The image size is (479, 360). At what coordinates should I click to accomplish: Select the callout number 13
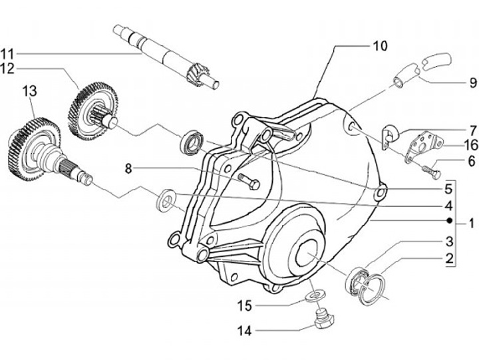click(x=30, y=91)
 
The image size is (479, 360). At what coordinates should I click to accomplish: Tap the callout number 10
click(x=380, y=46)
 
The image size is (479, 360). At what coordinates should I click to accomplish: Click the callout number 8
click(x=128, y=168)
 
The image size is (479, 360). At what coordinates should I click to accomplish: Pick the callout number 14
click(x=244, y=330)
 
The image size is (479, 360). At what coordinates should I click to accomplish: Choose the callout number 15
click(x=244, y=305)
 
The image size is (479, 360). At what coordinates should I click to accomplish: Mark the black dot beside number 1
click(x=449, y=220)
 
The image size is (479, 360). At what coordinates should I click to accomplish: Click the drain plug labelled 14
click(x=324, y=318)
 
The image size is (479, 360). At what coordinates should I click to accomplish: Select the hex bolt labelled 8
click(x=249, y=181)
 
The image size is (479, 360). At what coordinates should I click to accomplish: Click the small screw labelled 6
click(x=431, y=172)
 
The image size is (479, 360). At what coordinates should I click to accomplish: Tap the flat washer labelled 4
click(x=166, y=200)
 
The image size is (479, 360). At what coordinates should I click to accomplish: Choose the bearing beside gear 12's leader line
click(x=192, y=141)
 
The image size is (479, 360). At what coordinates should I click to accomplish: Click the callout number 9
click(x=472, y=83)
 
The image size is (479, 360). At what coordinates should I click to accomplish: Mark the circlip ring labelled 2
click(x=371, y=289)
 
